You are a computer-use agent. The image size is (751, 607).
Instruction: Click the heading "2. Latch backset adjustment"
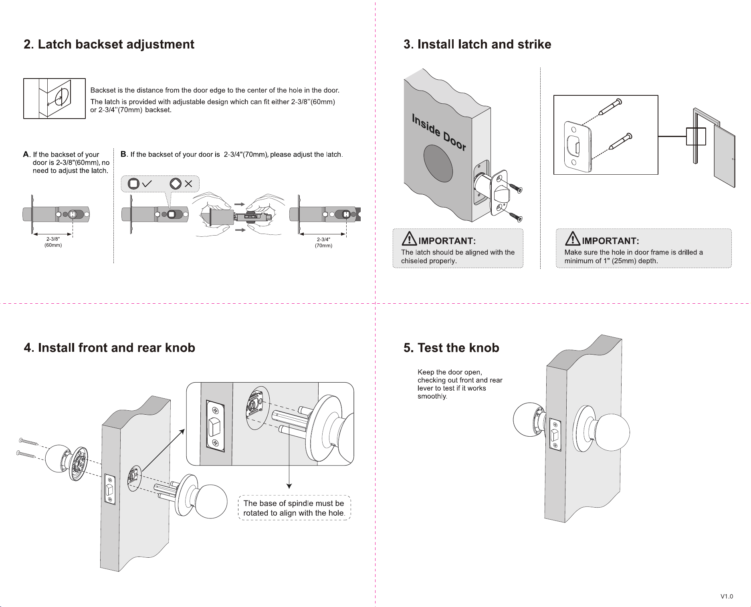point(109,44)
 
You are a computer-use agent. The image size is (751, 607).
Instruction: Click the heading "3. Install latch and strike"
point(477,44)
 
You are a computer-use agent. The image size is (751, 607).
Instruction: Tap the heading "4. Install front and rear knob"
point(109,348)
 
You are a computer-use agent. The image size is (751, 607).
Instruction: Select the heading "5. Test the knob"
point(451,348)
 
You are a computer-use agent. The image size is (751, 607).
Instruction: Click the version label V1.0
point(727,596)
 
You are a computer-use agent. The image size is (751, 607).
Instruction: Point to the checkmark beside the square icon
point(147,184)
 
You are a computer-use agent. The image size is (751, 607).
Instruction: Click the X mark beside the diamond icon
point(188,184)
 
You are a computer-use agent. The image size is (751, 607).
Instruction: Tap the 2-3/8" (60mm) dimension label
point(53,242)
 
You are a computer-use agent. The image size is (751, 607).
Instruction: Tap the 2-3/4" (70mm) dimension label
point(323,242)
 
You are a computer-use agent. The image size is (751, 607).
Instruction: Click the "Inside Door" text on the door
point(439,132)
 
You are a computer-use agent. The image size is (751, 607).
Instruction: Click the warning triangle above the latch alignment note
point(409,238)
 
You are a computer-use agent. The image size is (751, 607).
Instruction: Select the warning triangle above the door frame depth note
point(573,238)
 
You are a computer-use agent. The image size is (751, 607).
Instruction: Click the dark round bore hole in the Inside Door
point(438,163)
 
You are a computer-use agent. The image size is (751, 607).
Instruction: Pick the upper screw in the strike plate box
point(610,107)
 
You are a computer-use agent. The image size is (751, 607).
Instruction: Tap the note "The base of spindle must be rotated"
point(294,508)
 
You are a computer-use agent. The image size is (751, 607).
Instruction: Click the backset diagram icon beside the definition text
point(55,99)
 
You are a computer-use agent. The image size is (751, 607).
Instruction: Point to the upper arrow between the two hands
point(240,204)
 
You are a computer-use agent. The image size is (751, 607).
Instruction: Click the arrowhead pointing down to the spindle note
point(289,486)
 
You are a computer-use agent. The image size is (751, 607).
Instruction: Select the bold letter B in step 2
point(123,154)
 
